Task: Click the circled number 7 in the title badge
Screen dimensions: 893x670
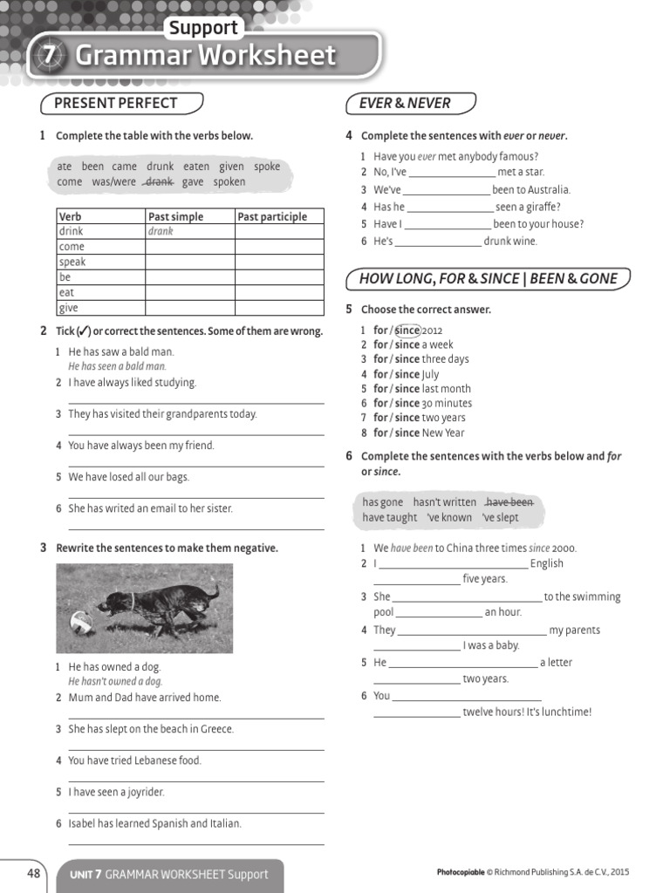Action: (51, 55)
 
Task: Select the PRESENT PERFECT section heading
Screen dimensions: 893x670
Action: (115, 103)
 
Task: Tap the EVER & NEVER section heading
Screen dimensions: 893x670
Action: (405, 103)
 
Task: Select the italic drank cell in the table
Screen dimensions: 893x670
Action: (161, 232)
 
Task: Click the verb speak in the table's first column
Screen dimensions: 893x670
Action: (72, 262)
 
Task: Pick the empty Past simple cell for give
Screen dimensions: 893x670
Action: (189, 308)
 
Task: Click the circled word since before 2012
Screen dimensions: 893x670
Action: (407, 331)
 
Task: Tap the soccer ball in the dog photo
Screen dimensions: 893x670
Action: (82, 623)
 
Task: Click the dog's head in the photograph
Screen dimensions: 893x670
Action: (114, 603)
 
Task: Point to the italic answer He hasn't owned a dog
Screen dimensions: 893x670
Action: (115, 682)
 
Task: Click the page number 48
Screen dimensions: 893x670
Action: (34, 873)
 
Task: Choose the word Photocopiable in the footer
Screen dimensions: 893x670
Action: (460, 872)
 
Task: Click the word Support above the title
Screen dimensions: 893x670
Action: (203, 27)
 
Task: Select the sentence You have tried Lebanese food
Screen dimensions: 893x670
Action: (134, 760)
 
